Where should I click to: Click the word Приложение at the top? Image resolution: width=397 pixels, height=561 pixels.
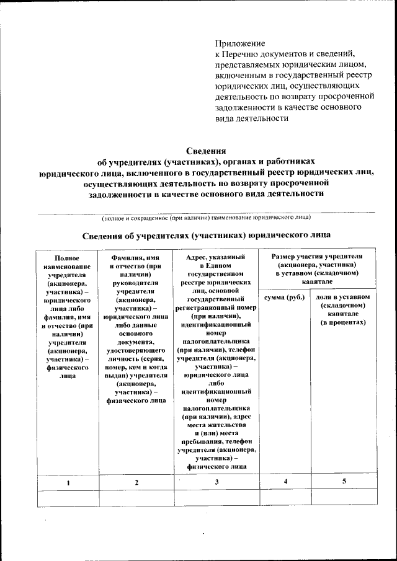pyautogui.click(x=239, y=44)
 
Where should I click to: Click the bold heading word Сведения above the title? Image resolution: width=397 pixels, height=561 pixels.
pyautogui.click(x=206, y=150)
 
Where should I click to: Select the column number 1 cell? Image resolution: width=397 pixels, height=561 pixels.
pyautogui.click(x=68, y=482)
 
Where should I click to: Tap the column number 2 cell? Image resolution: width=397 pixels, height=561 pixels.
pyautogui.click(x=136, y=482)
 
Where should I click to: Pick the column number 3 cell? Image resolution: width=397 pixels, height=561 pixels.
pyautogui.click(x=216, y=482)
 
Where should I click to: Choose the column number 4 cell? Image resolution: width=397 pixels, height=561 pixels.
pyautogui.click(x=285, y=482)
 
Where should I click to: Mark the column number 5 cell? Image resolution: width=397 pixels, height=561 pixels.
pyautogui.click(x=344, y=482)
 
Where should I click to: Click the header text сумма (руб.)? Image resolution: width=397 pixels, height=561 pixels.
pyautogui.click(x=285, y=298)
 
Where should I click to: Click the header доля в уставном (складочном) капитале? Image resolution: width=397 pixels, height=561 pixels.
pyautogui.click(x=343, y=309)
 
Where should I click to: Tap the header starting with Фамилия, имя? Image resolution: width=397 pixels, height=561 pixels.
pyautogui.click(x=136, y=328)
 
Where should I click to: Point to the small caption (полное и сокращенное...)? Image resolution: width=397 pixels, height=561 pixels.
pyautogui.click(x=207, y=218)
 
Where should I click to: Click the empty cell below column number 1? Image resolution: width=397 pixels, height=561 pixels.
pyautogui.click(x=68, y=497)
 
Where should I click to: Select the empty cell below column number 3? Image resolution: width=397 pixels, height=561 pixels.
pyautogui.click(x=216, y=497)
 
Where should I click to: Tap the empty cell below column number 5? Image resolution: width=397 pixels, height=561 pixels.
pyautogui.click(x=344, y=497)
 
